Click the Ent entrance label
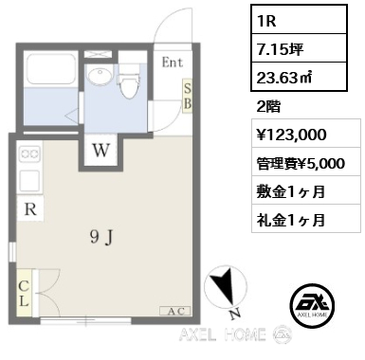click(x=173, y=63)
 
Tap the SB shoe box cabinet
click(x=188, y=96)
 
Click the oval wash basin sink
click(x=100, y=76)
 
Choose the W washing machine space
click(x=100, y=151)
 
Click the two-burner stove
click(x=30, y=153)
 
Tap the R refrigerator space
click(x=30, y=208)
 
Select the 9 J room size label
click(x=101, y=237)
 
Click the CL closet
click(x=25, y=293)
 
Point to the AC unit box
click(x=175, y=312)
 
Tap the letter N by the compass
click(x=234, y=315)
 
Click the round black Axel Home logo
click(x=312, y=304)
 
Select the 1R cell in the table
click(x=299, y=20)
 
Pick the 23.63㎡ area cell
click(x=299, y=77)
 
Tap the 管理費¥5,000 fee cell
click(x=306, y=163)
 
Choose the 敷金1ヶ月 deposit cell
click(x=306, y=191)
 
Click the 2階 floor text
click(x=268, y=106)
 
